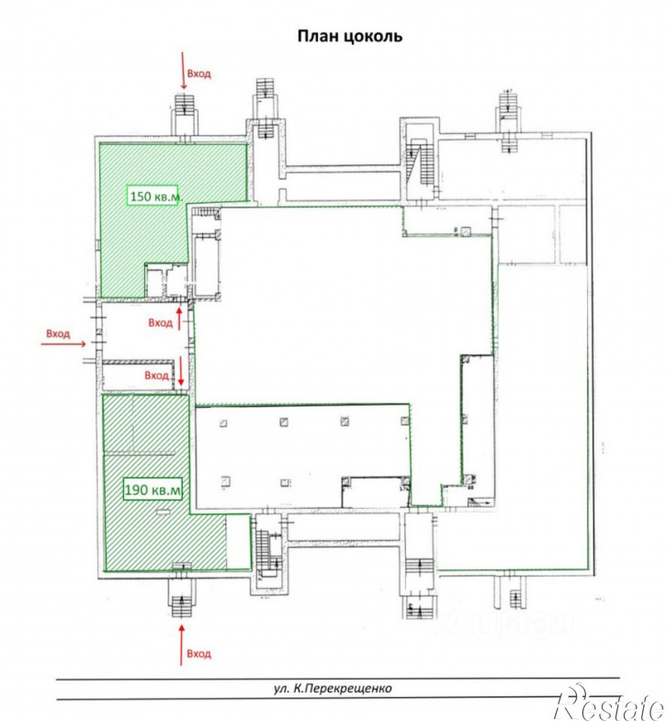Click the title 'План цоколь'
click(350, 36)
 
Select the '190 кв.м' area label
click(153, 490)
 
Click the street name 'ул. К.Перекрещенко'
click(333, 688)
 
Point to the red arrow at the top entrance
click(183, 71)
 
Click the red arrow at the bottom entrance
click(182, 645)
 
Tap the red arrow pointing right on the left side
click(63, 344)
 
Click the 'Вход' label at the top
click(199, 73)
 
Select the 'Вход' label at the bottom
click(199, 653)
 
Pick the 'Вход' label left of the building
click(58, 333)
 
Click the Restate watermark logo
click(611, 702)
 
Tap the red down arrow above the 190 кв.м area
click(181, 371)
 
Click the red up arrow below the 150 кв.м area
click(179, 319)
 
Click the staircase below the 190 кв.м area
click(181, 598)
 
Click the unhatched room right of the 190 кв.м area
click(238, 542)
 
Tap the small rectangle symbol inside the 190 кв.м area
click(163, 512)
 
